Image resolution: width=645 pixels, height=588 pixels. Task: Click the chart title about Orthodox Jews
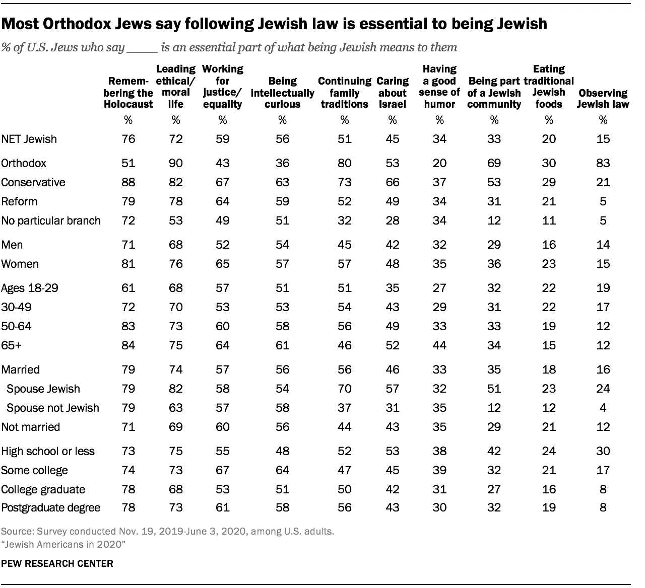(x=274, y=24)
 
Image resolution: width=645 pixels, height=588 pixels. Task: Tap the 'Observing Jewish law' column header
(x=603, y=99)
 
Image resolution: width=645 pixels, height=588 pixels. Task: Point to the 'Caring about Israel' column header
(x=392, y=93)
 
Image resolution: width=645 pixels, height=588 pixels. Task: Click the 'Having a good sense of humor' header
(x=439, y=87)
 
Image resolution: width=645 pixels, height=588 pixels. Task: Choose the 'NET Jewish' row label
(x=29, y=139)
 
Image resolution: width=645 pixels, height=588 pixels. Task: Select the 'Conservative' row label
(x=33, y=182)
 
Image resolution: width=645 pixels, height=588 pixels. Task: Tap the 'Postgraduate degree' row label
(x=51, y=507)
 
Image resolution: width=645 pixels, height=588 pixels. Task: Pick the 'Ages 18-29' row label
(x=29, y=288)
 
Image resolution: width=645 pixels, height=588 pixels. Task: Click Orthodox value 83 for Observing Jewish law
(x=603, y=163)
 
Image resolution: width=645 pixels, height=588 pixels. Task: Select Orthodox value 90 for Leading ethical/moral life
(x=175, y=163)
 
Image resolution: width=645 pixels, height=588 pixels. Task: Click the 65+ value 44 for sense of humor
(x=439, y=345)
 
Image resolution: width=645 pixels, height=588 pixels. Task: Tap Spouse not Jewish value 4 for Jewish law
(x=603, y=408)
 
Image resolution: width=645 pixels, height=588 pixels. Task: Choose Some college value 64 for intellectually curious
(x=282, y=470)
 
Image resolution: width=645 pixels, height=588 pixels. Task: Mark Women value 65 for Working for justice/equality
(x=222, y=264)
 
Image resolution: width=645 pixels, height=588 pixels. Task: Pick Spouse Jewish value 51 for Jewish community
(x=494, y=389)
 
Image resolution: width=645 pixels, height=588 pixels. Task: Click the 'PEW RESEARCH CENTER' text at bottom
(x=57, y=563)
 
